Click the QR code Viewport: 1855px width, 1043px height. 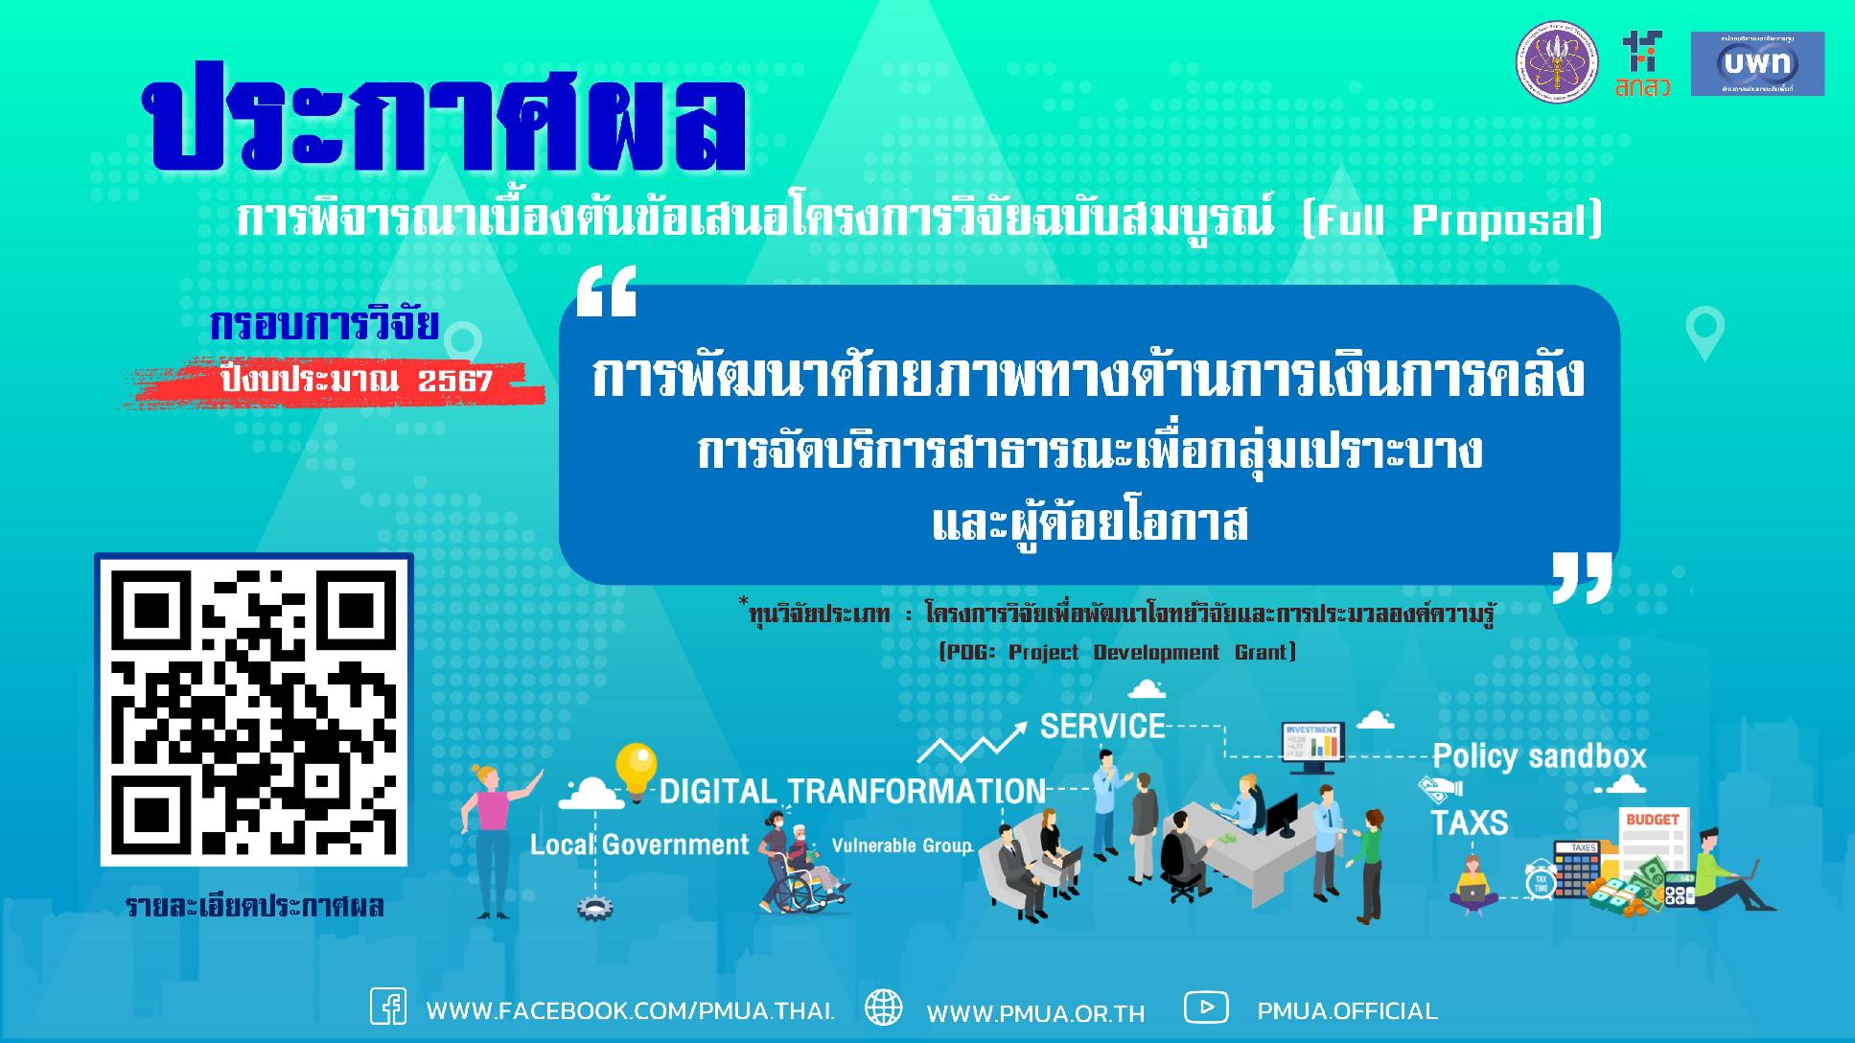(254, 710)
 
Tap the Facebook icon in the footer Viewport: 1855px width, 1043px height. (388, 1008)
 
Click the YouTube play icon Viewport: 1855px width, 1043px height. (1206, 1008)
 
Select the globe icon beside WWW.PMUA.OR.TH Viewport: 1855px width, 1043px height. (883, 1008)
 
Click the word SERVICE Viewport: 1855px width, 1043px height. (1102, 726)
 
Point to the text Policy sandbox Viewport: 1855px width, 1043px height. (1539, 756)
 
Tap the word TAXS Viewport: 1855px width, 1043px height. (1469, 823)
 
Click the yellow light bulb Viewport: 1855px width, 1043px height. (637, 769)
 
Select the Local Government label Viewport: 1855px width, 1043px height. (639, 845)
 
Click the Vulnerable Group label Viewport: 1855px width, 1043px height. (901, 846)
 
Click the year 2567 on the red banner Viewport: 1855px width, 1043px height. (454, 382)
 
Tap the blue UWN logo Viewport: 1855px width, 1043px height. (1756, 63)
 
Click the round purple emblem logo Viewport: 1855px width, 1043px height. (1556, 63)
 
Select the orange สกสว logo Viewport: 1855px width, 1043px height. (1642, 64)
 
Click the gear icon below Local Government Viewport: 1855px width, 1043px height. (594, 908)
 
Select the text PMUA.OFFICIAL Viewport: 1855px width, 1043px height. (1347, 1010)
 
